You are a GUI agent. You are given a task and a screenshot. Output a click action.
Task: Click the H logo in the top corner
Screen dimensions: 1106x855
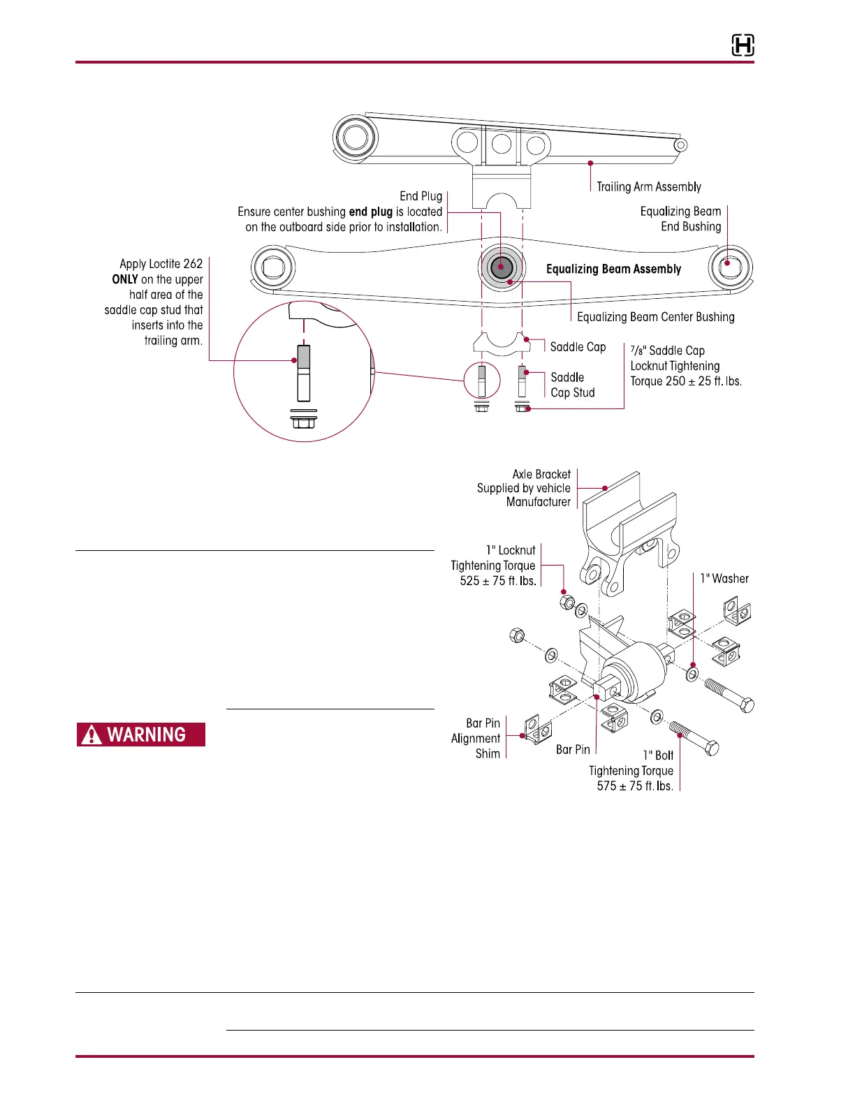point(743,46)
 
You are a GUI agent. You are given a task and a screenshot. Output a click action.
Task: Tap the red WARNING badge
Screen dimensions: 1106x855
point(141,735)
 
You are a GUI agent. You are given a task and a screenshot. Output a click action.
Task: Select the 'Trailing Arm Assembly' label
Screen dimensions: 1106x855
point(648,186)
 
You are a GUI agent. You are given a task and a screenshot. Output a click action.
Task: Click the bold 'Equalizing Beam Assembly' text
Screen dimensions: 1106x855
point(613,269)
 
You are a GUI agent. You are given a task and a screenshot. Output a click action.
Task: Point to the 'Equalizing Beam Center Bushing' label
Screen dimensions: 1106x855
point(655,317)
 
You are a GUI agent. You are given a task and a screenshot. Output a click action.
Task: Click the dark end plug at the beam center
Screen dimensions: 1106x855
point(500,267)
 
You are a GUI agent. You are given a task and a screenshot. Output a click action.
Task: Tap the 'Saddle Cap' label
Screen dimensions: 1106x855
point(578,347)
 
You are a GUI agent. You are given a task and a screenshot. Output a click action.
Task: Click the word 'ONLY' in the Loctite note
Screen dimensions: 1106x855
point(125,279)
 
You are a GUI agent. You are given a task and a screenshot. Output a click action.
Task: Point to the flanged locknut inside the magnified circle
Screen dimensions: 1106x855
point(303,422)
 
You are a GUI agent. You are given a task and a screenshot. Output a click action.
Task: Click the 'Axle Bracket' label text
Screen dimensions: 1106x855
point(541,474)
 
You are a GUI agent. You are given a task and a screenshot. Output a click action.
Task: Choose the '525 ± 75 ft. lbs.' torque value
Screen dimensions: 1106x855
point(498,581)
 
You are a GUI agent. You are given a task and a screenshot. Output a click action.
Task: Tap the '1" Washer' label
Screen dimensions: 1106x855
point(724,579)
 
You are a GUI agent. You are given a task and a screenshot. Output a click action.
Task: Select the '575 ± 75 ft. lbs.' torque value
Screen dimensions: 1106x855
point(635,786)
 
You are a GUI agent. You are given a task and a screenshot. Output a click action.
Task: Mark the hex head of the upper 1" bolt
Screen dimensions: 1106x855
point(746,704)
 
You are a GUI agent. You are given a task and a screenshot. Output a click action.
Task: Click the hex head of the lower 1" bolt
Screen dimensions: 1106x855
point(711,749)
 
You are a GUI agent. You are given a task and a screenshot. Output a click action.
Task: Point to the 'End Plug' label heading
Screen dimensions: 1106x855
point(421,196)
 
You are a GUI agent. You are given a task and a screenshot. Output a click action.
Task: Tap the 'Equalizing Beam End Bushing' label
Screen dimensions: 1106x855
point(680,219)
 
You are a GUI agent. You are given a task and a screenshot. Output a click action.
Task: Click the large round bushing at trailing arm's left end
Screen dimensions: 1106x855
point(355,137)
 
